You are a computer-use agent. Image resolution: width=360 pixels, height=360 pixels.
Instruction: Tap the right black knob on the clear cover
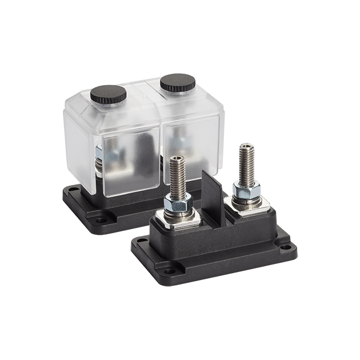coord(177,85)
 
